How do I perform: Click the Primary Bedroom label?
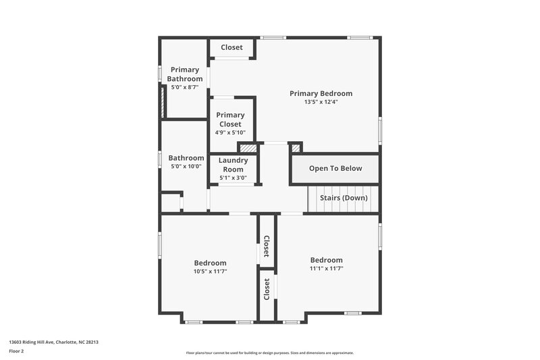(321, 93)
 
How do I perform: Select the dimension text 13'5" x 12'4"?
(321, 102)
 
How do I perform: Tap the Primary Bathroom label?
(185, 74)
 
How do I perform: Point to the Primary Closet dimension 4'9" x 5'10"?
(230, 132)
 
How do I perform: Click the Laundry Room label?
(233, 165)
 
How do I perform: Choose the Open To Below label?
(335, 169)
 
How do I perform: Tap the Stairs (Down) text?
(344, 198)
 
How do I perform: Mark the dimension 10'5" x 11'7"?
(210, 272)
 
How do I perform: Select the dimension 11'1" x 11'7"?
(326, 268)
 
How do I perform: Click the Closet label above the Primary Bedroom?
(232, 47)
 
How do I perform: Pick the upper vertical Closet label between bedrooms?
(267, 247)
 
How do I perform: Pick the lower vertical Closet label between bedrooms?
(267, 289)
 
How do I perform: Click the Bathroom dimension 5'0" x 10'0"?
(186, 166)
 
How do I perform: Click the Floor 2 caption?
(16, 351)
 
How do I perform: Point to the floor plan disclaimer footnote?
(269, 353)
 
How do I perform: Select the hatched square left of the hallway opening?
(248, 148)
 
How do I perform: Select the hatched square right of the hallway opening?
(295, 147)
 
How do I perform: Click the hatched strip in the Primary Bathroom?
(163, 101)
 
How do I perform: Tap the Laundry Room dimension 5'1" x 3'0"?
(233, 178)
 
